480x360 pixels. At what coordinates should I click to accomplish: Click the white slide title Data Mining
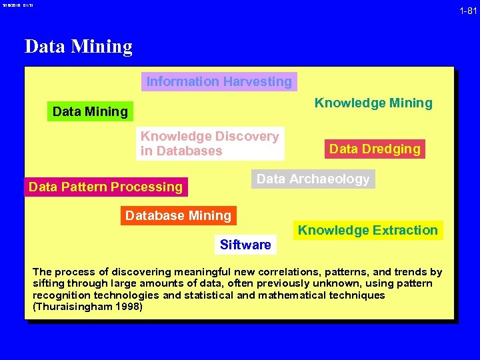click(79, 47)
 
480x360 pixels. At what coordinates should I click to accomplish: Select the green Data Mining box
click(90, 111)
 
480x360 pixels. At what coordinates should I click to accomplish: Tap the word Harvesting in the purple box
click(257, 81)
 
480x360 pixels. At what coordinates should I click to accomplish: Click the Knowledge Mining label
click(373, 103)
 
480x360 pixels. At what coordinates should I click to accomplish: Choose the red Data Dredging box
click(375, 149)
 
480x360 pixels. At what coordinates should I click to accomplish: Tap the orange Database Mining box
click(178, 215)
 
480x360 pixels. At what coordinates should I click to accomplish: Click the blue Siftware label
click(245, 245)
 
